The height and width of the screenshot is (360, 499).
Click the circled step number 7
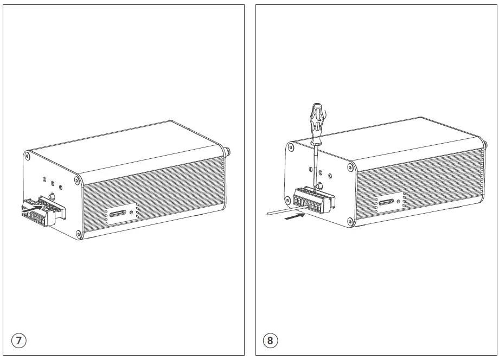click(x=18, y=340)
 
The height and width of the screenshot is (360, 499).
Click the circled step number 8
click(x=270, y=340)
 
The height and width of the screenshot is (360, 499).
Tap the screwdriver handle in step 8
click(x=316, y=119)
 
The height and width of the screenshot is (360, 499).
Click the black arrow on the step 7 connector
click(x=33, y=207)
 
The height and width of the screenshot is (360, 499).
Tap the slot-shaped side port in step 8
click(x=386, y=201)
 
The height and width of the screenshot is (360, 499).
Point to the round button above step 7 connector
click(x=53, y=196)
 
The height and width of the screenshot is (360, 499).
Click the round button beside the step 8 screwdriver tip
click(x=321, y=186)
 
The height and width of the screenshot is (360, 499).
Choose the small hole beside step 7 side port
click(x=131, y=212)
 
